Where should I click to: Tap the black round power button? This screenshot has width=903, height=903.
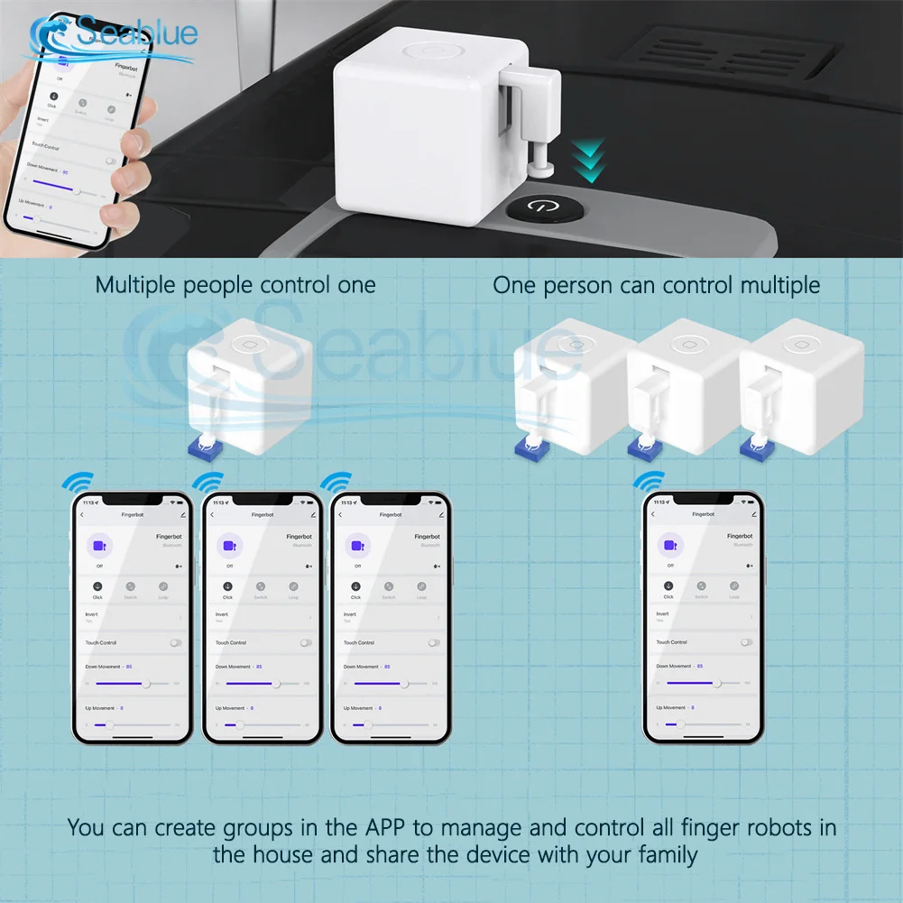click(x=540, y=206)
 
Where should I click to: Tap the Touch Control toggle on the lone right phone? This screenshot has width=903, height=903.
click(x=746, y=642)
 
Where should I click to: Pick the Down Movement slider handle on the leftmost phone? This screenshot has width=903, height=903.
click(x=146, y=684)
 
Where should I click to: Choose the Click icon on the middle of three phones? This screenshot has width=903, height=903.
click(x=227, y=587)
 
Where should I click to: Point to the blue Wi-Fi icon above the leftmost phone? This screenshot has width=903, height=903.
click(x=76, y=483)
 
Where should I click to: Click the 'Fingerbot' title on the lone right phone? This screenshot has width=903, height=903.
click(x=703, y=513)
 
